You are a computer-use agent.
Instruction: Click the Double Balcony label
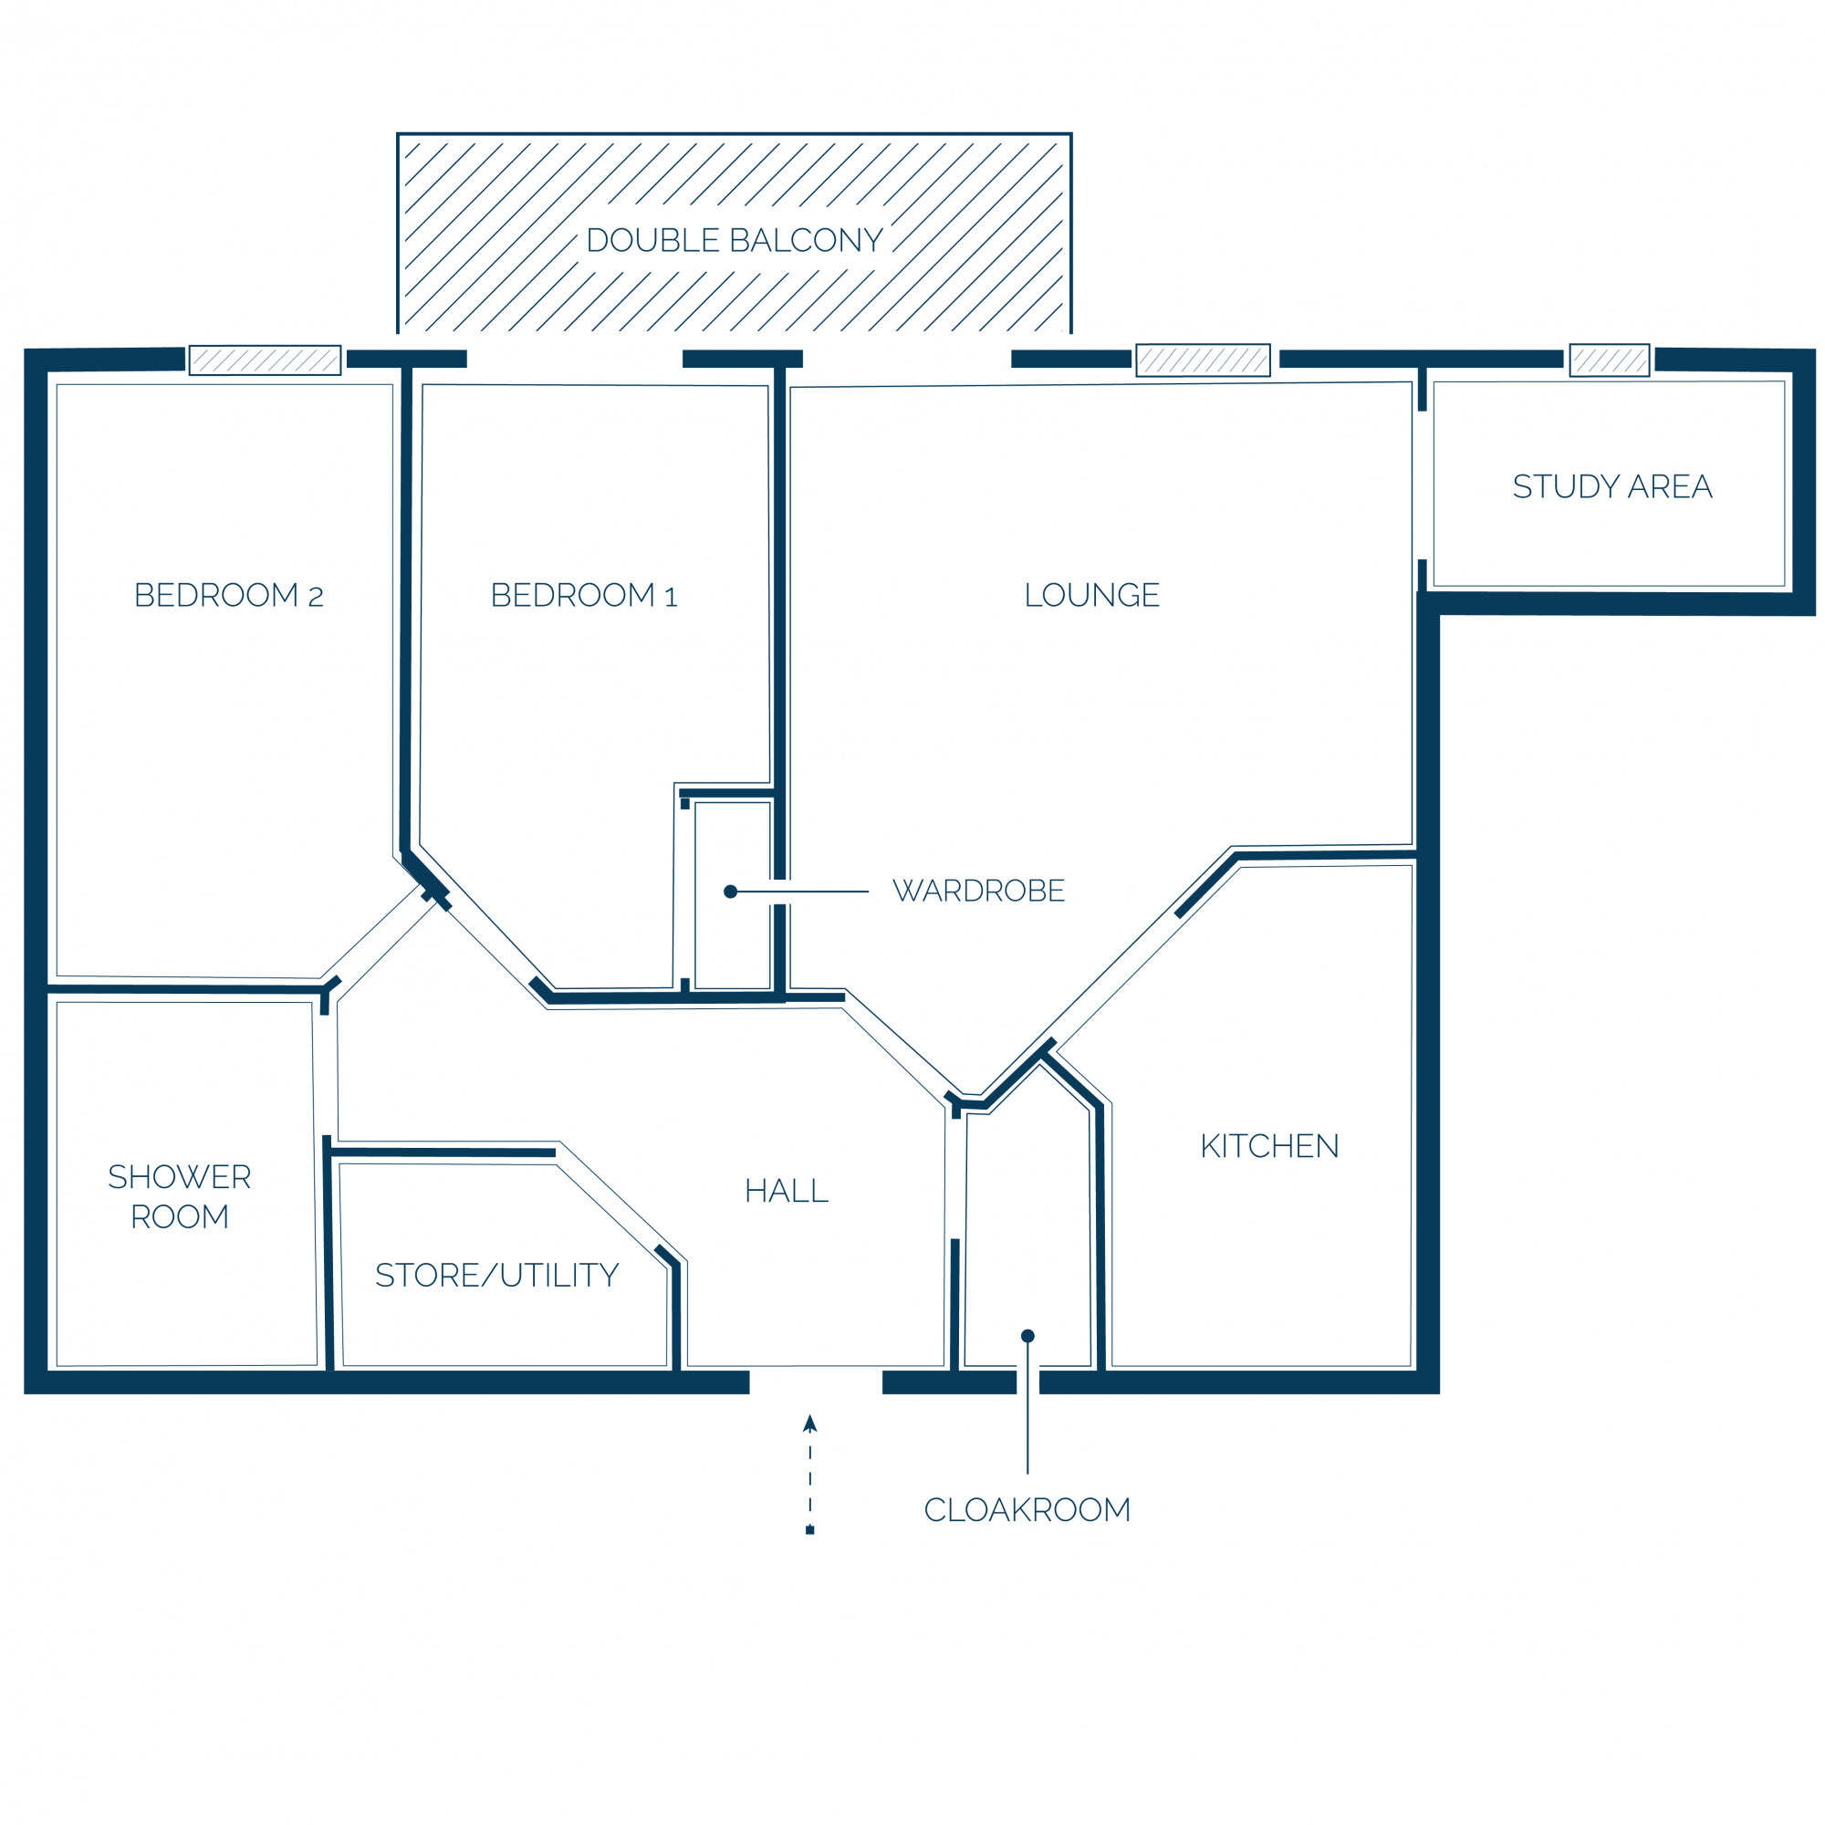click(734, 240)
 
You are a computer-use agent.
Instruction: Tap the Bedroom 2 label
click(229, 595)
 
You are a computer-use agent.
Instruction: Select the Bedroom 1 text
click(584, 595)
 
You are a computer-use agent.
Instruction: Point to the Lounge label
click(1092, 595)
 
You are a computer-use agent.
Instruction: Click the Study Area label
click(1612, 486)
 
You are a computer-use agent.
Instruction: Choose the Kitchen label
click(1269, 1146)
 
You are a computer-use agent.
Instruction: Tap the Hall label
click(787, 1190)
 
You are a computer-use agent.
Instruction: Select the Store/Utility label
click(497, 1276)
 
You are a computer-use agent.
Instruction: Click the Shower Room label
click(180, 1197)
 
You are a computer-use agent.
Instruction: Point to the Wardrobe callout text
click(978, 891)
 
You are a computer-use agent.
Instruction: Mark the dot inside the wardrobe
click(730, 892)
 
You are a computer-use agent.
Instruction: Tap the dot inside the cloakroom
click(1027, 1336)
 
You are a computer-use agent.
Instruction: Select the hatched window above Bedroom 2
click(266, 360)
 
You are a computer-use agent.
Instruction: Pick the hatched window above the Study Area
click(1610, 360)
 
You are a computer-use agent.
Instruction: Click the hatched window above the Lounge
click(1203, 360)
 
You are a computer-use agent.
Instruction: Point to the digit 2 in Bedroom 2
click(316, 597)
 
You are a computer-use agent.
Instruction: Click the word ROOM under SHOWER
click(180, 1216)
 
